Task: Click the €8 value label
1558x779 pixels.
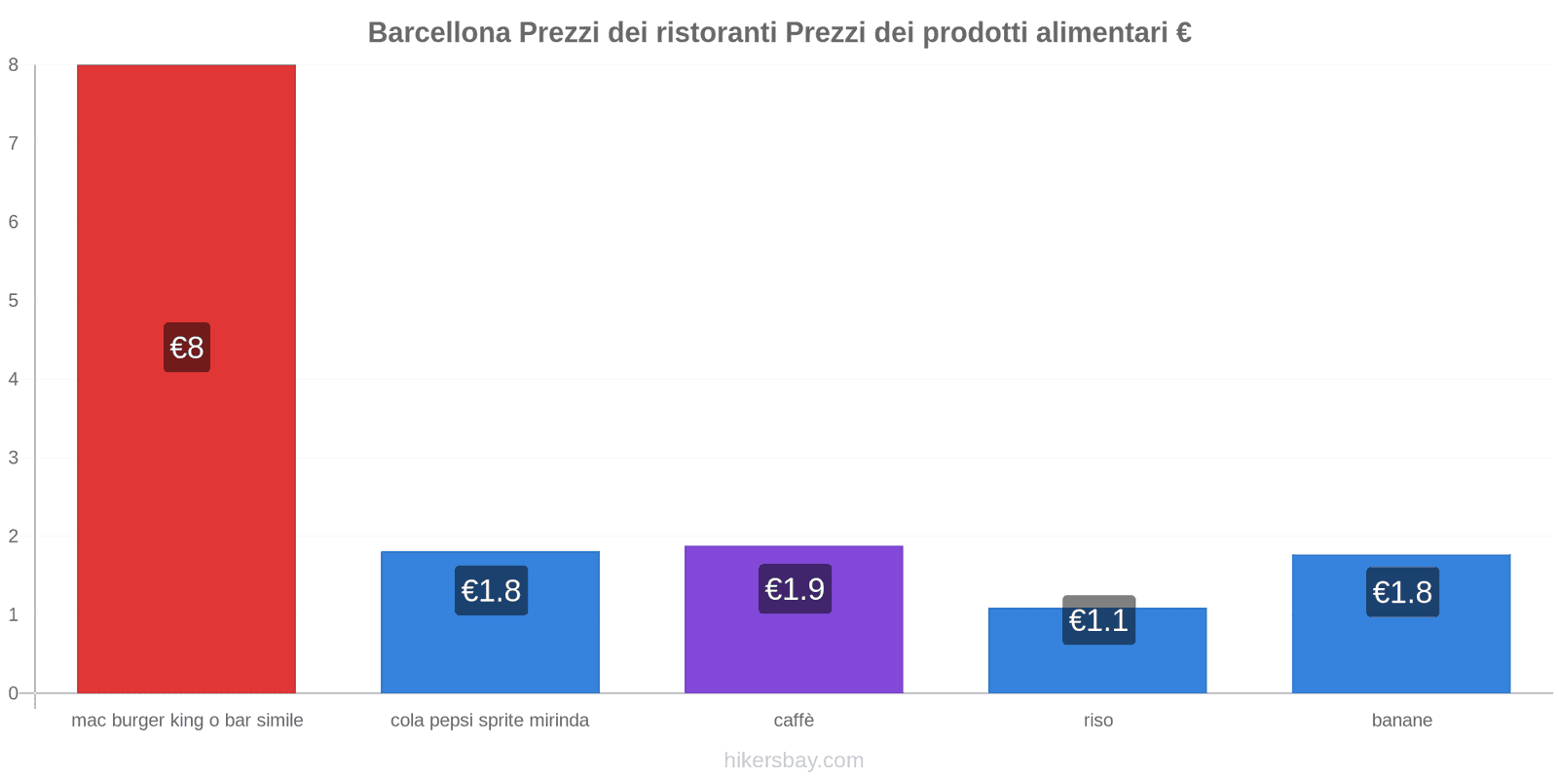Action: click(x=187, y=348)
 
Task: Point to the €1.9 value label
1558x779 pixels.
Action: click(x=795, y=589)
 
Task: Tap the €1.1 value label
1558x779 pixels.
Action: click(x=1098, y=620)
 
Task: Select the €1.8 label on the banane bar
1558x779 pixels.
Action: click(x=1402, y=592)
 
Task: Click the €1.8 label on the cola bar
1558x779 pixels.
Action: click(x=491, y=591)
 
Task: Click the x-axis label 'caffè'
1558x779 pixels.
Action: click(x=794, y=721)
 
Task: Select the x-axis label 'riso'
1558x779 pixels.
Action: click(x=1098, y=721)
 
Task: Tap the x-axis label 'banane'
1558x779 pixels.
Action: click(x=1401, y=721)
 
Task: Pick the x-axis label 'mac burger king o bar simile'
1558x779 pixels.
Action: click(x=187, y=721)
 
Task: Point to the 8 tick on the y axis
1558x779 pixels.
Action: click(x=14, y=65)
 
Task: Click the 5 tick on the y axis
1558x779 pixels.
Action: click(x=14, y=301)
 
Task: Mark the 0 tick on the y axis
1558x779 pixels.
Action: click(x=14, y=693)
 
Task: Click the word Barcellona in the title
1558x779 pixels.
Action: click(x=439, y=33)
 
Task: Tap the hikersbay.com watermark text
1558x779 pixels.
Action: click(x=794, y=760)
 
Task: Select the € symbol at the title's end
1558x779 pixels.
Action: click(x=1183, y=33)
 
